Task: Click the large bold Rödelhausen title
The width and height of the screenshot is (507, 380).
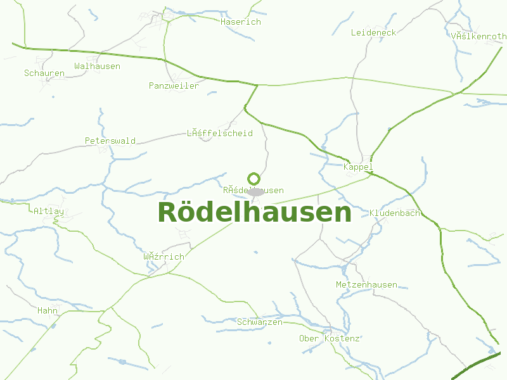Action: pyautogui.click(x=254, y=213)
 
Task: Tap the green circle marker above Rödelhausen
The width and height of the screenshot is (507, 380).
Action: pyautogui.click(x=253, y=179)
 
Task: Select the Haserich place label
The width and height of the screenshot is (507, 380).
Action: pyautogui.click(x=241, y=22)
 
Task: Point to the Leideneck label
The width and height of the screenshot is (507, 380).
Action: pyautogui.click(x=373, y=32)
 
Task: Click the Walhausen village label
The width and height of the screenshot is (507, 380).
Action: pyautogui.click(x=97, y=66)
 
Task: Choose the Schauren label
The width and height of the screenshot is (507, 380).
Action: pyautogui.click(x=44, y=73)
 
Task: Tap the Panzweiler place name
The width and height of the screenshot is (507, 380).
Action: pyautogui.click(x=174, y=85)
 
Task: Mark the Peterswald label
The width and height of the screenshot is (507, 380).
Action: pyautogui.click(x=110, y=141)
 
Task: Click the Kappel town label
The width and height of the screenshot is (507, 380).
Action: pyautogui.click(x=358, y=167)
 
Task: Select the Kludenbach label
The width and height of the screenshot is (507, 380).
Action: pyautogui.click(x=395, y=213)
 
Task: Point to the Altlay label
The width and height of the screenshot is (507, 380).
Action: pyautogui.click(x=49, y=210)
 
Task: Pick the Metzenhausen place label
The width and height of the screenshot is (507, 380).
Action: pyautogui.click(x=366, y=284)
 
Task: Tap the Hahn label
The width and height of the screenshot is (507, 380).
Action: pyautogui.click(x=48, y=310)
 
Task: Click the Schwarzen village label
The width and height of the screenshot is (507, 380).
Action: pyautogui.click(x=260, y=322)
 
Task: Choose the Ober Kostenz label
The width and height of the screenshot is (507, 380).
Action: pyautogui.click(x=330, y=338)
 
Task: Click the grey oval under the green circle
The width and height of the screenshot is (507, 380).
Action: pyautogui.click(x=256, y=191)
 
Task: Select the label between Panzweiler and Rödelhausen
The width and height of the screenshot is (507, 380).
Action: pyautogui.click(x=220, y=133)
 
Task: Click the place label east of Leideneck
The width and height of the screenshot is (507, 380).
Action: pyautogui.click(x=478, y=36)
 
